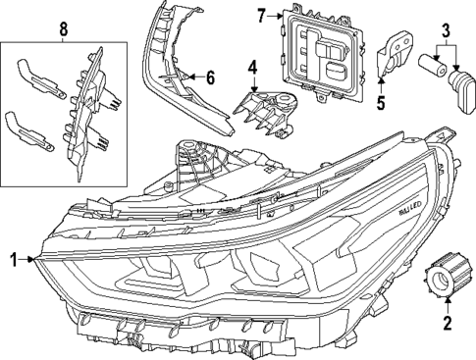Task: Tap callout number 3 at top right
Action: [445, 29]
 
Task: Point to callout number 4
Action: [252, 68]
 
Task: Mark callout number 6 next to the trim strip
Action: [209, 75]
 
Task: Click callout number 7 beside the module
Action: [261, 15]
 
